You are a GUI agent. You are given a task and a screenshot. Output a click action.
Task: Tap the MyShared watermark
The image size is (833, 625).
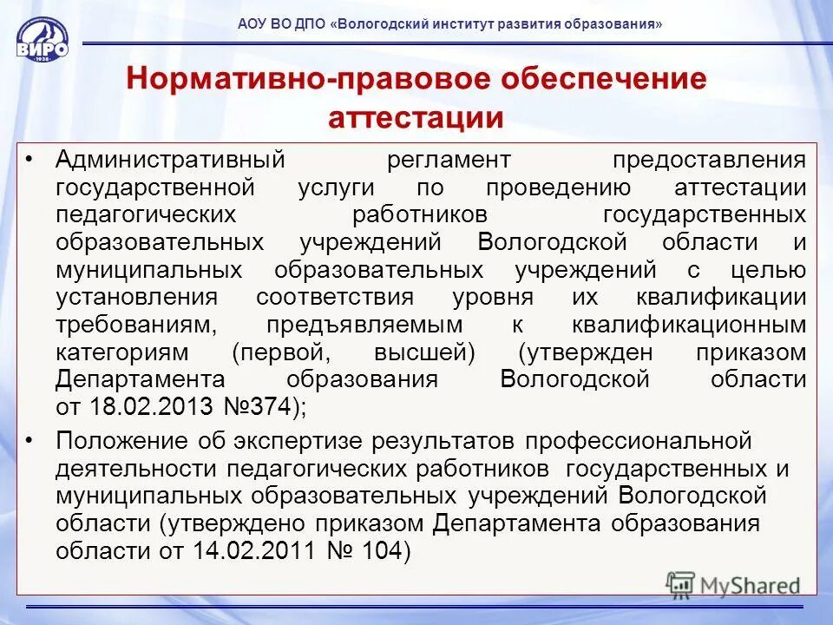tap(733, 584)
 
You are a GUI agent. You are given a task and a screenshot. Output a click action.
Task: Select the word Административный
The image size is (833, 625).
tap(171, 161)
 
